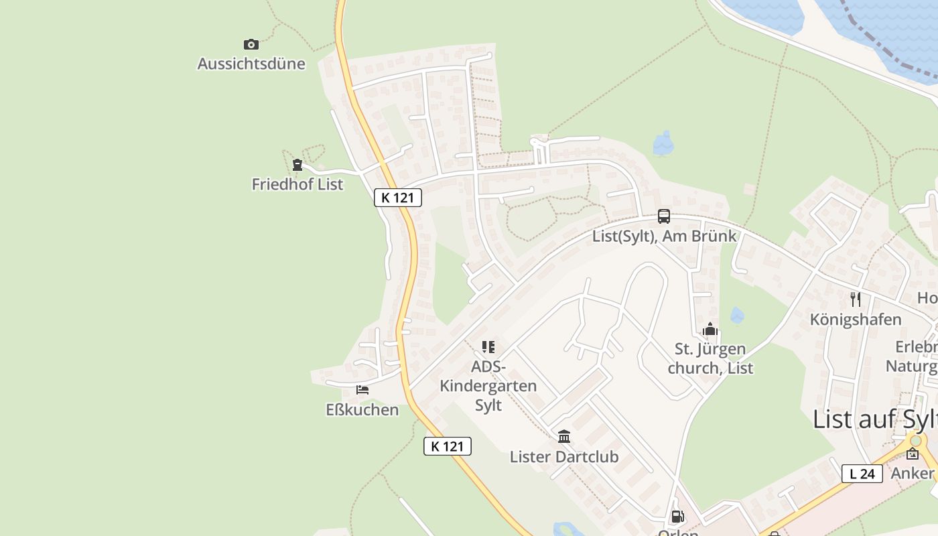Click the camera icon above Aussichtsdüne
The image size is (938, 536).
251,45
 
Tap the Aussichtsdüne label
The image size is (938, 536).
251,64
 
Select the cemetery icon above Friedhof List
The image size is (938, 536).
297,165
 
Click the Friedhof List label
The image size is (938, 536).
297,184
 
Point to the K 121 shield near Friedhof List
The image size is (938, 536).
398,198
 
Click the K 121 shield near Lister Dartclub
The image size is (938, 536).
448,446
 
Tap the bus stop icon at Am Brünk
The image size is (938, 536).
664,216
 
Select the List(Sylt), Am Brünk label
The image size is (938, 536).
664,236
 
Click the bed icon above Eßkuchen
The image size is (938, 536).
362,390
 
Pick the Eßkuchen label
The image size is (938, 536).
362,409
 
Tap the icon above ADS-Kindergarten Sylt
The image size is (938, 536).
488,347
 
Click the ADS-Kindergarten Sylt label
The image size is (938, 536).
488,386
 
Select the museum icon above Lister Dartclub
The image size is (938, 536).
564,437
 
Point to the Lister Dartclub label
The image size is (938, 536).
564,457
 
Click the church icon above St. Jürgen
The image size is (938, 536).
710,329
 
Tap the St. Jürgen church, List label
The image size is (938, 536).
710,358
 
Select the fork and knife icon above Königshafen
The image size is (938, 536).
856,299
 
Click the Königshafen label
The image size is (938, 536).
856,320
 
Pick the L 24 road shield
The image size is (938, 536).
862,474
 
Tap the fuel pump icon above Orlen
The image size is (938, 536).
678,517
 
